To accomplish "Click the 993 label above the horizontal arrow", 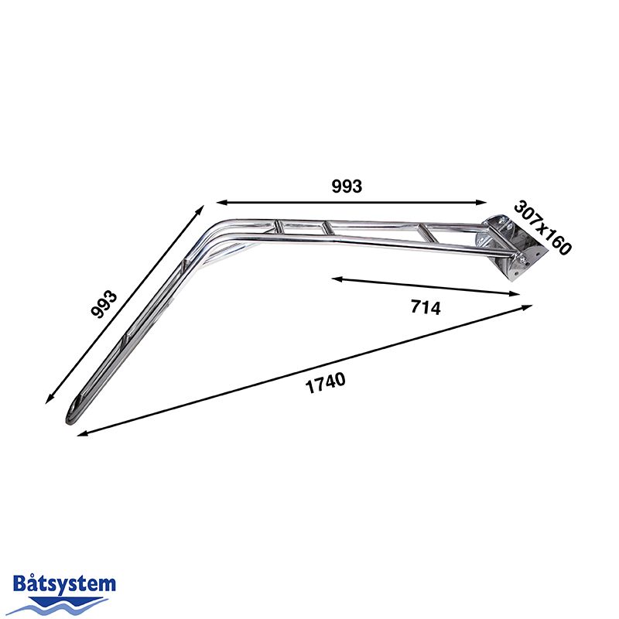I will click(x=347, y=186).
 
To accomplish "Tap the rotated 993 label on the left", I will click(x=104, y=305).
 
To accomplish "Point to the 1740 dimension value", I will click(x=324, y=383).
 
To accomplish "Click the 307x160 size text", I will click(x=542, y=228).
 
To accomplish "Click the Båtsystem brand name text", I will click(x=65, y=584).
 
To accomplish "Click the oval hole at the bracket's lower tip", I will click(x=74, y=406).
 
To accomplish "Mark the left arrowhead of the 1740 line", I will click(x=81, y=434).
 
